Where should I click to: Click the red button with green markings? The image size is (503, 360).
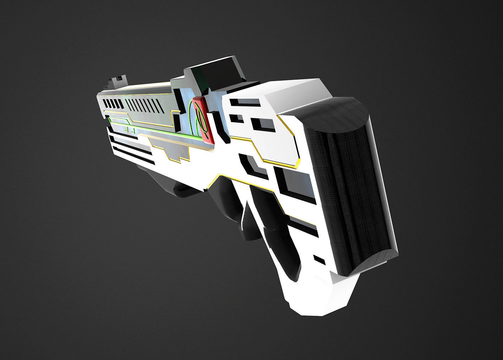pos(203,120)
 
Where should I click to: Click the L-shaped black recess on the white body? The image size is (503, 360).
pos(253,165)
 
